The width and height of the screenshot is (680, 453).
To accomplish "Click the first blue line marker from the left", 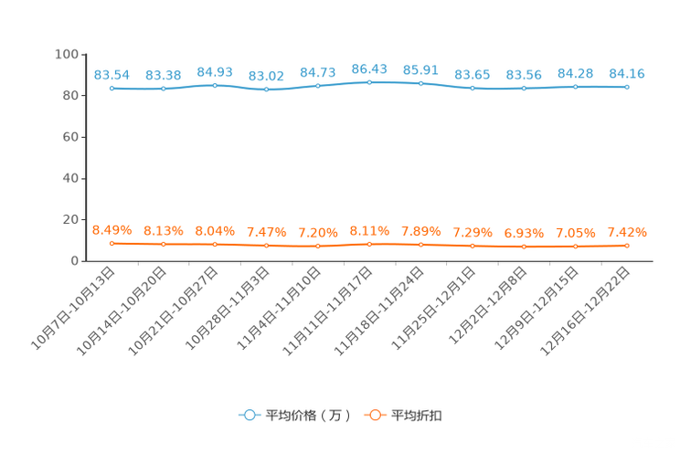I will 112,88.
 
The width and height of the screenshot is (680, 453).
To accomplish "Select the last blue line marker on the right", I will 627,87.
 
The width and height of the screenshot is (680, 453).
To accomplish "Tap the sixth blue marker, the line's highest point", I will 369,82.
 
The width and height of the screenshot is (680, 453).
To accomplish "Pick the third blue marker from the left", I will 215,85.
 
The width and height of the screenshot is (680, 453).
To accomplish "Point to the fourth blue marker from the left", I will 266,90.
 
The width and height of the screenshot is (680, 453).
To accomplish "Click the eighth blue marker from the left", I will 473,89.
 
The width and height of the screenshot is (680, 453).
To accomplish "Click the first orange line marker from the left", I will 112,244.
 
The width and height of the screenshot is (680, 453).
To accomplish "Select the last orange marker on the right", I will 627,246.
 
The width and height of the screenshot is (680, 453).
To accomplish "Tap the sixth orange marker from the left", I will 369,245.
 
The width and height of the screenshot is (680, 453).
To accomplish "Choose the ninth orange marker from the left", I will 524,247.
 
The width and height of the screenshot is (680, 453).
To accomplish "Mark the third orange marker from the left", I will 215,245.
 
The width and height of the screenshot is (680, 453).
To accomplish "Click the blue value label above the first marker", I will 112,74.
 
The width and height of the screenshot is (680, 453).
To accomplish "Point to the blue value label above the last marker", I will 627,73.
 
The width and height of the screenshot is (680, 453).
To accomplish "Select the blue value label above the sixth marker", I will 369,68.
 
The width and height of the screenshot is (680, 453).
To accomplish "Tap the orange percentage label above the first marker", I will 112,230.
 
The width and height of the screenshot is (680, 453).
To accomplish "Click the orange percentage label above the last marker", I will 627,232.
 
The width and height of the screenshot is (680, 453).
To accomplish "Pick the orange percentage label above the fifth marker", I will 318,233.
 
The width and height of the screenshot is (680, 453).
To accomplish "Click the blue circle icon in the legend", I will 249,416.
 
